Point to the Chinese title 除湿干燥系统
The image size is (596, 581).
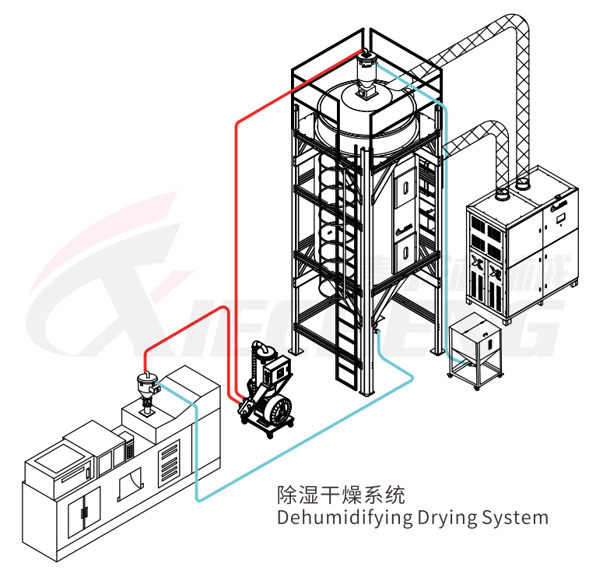tap(341, 494)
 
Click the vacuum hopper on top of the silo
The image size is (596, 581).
tap(365, 74)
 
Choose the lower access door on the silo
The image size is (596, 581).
tap(404, 250)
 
